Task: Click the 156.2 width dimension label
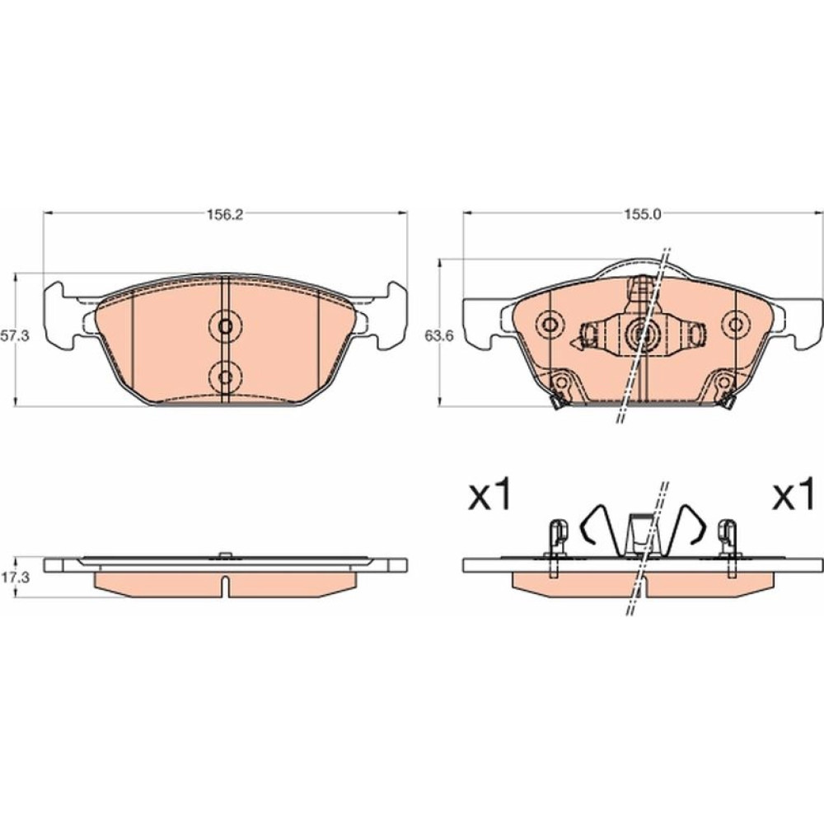(224, 214)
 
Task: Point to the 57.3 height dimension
(15, 336)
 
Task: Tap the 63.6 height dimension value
(439, 336)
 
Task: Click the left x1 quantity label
(489, 495)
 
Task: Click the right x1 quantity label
(793, 495)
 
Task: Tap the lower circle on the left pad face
(225, 377)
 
